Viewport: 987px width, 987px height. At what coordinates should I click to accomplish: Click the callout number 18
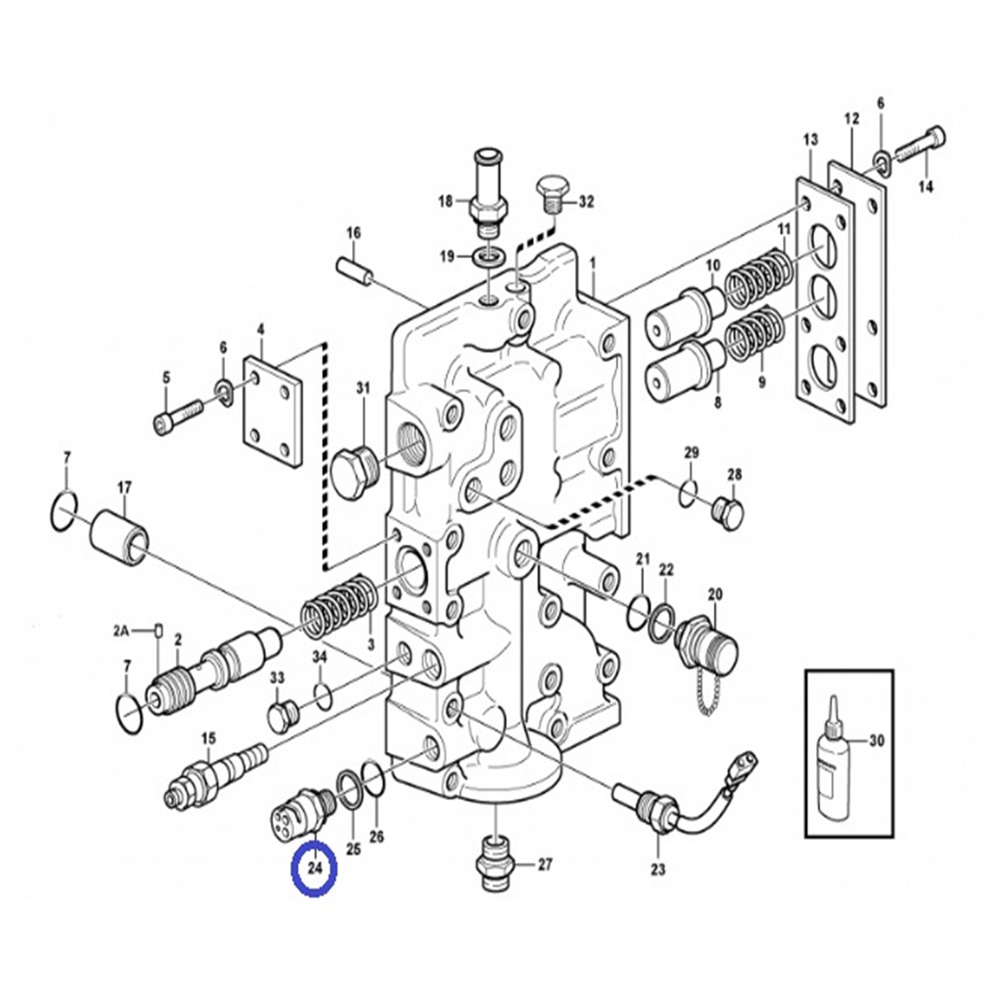(x=445, y=201)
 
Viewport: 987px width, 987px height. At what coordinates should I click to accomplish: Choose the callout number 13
(x=811, y=141)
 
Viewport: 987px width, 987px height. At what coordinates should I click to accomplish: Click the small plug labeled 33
(x=281, y=716)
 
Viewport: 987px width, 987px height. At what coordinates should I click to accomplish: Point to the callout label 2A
(x=122, y=632)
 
